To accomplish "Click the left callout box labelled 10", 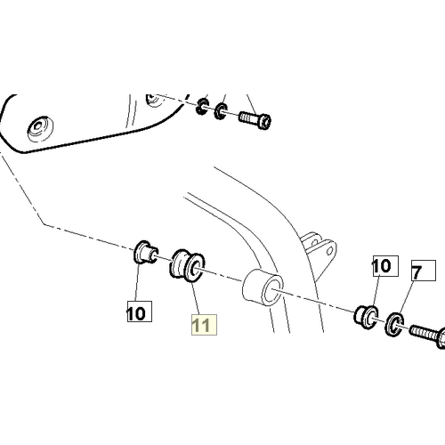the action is coord(140,311).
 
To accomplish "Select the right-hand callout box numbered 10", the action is coord(385,266).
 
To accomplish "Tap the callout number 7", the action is coord(424,271).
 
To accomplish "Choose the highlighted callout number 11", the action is coord(204,325).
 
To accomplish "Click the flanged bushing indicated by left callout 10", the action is coord(145,253).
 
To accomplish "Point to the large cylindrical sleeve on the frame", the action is coord(263,287).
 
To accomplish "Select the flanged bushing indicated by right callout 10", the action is coord(367,316).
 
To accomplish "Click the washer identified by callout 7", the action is coord(394,324).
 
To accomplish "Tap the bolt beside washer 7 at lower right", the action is coord(427,336).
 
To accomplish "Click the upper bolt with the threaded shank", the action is coord(255,119).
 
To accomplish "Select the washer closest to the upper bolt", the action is coord(221,111).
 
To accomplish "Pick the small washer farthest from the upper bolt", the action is coord(203,107).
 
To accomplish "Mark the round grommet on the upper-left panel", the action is coord(40,129).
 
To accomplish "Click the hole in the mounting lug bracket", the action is coord(329,252).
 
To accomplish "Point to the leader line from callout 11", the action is coord(195,298).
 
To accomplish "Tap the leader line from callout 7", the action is coord(407,296).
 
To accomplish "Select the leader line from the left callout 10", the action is coord(137,281).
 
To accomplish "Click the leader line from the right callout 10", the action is coord(376,292).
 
